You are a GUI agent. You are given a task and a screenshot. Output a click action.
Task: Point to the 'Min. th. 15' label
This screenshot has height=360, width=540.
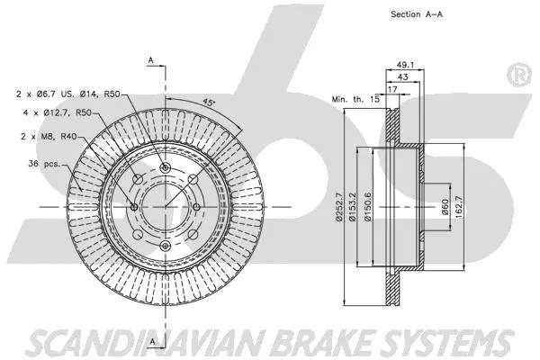coord(354,96)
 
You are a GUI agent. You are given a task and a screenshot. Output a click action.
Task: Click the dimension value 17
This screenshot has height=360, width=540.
coord(392,88)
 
